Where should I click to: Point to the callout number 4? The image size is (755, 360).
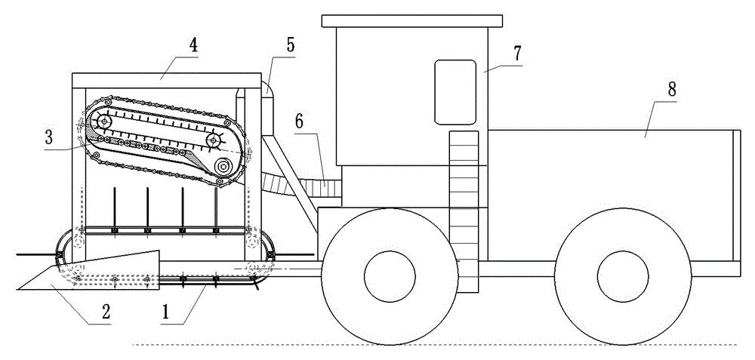(x=193, y=45)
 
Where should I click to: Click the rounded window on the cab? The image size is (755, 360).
(x=455, y=91)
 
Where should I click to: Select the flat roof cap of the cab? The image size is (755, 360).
(x=412, y=19)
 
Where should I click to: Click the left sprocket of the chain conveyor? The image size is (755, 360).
(x=103, y=123)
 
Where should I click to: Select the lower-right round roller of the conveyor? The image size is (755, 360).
(x=224, y=167)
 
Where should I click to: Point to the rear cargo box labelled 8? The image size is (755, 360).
(x=612, y=196)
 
